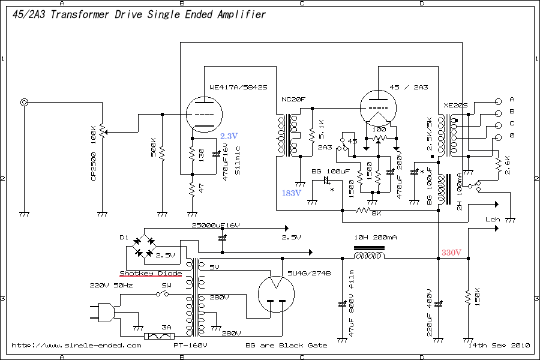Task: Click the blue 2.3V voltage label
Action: click(x=229, y=136)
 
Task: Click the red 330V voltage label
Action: click(x=452, y=252)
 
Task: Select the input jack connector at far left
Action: click(x=25, y=103)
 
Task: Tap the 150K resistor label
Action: click(x=478, y=298)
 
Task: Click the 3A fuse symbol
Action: click(x=167, y=337)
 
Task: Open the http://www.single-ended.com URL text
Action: click(x=77, y=345)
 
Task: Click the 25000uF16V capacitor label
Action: click(x=215, y=225)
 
